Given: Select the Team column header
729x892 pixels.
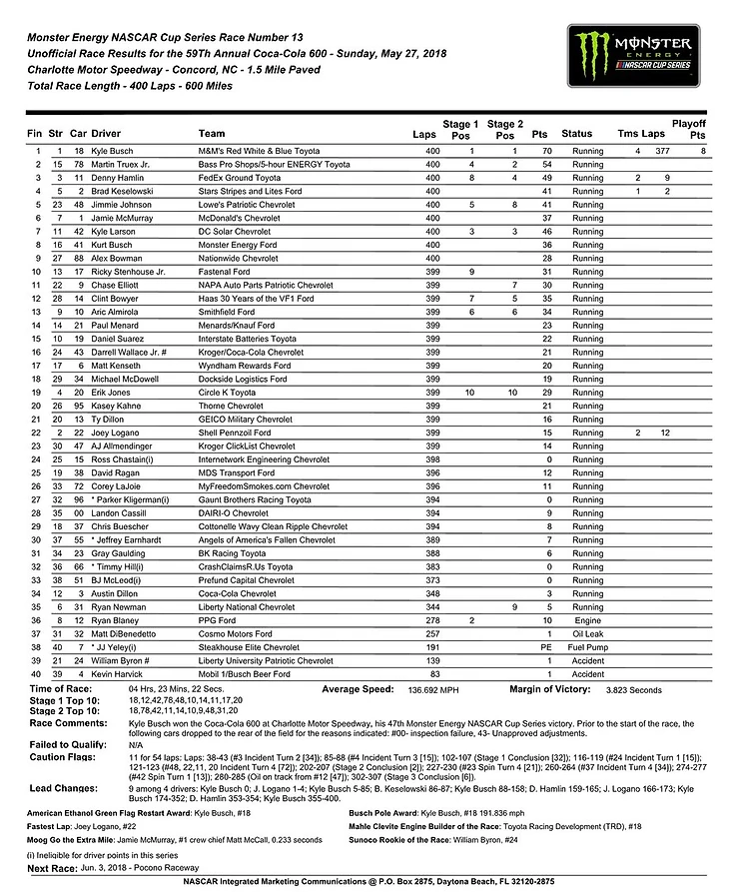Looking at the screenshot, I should tap(212, 133).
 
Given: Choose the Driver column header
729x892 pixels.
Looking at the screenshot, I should tap(106, 133).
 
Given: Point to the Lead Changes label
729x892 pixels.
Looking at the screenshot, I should tap(66, 787).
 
